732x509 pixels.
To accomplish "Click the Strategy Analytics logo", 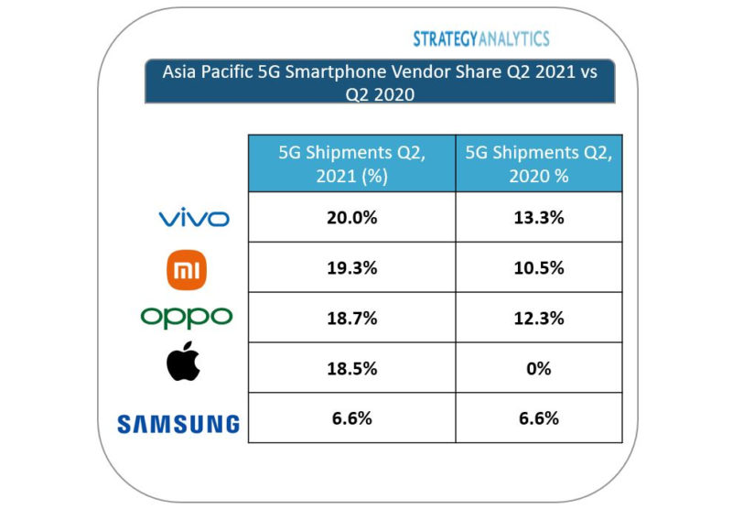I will [480, 38].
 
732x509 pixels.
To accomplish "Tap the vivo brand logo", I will [193, 218].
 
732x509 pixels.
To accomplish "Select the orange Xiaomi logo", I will [186, 268].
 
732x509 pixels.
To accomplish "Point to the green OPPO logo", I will [187, 317].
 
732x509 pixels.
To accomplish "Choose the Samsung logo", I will [178, 424].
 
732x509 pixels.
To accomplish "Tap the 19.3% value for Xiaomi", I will [351, 267].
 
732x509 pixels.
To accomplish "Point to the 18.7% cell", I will [351, 317].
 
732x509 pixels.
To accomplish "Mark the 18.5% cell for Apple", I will [351, 367].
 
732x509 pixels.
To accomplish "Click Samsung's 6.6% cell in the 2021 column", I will [351, 417].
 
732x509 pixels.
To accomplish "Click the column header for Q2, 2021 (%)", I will [351, 164].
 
